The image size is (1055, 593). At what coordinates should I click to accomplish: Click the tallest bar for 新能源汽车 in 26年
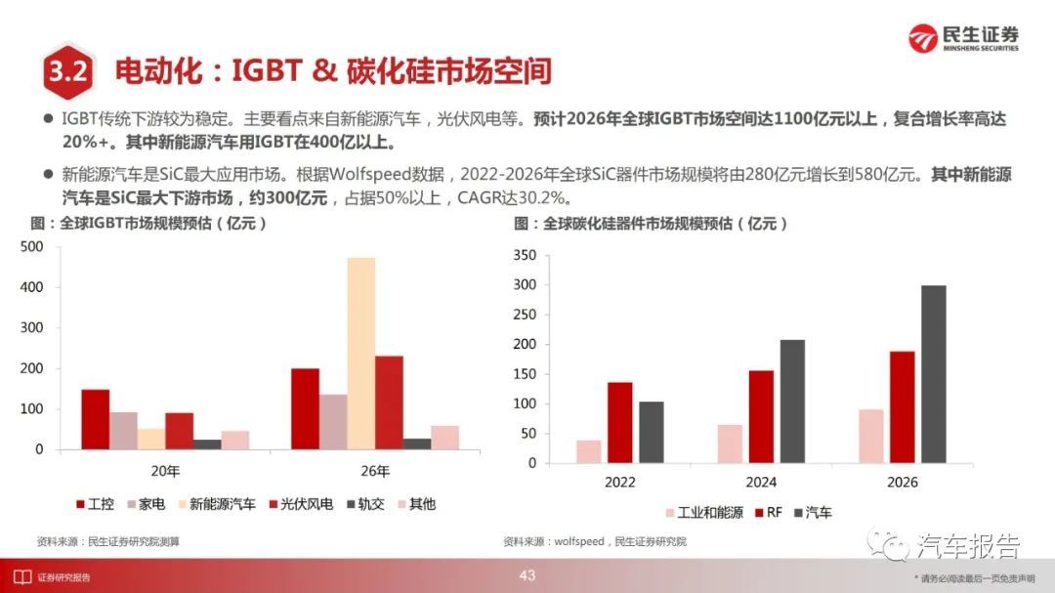[361, 354]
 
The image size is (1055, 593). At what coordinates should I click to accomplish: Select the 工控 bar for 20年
[96, 419]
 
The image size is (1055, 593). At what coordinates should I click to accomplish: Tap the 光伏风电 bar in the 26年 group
[389, 402]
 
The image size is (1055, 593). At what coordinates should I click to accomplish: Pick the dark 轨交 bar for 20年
[207, 445]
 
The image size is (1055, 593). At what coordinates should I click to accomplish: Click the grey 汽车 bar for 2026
[933, 374]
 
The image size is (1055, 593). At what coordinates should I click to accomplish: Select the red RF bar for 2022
[619, 423]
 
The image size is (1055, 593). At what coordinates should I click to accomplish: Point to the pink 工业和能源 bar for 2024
[730, 444]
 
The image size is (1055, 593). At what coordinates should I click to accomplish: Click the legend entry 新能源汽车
[217, 504]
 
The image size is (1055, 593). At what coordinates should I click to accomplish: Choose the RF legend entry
[769, 512]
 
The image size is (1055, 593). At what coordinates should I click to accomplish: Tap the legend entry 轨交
[365, 504]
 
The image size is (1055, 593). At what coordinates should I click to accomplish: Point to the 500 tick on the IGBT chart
[31, 247]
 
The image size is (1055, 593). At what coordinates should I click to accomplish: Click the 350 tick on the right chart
[525, 255]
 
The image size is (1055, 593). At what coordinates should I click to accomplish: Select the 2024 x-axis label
[761, 482]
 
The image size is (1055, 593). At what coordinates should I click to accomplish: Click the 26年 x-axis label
[375, 471]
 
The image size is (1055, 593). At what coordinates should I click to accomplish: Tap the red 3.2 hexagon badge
[68, 70]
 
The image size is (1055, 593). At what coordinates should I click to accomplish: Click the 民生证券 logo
[963, 38]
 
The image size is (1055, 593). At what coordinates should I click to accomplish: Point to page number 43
[527, 575]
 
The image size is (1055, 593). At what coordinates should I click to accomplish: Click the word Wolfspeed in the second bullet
[370, 175]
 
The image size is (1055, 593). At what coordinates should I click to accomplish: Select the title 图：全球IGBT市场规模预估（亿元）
[148, 224]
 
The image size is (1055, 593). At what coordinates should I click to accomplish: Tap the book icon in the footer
[22, 576]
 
